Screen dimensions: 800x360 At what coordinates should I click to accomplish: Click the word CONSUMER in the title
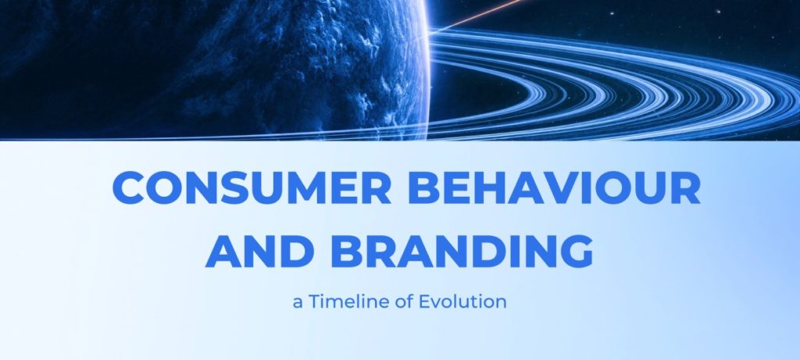click(252, 187)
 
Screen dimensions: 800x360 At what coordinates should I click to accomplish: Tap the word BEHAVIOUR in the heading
click(554, 187)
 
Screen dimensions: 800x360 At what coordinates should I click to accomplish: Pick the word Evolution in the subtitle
click(462, 302)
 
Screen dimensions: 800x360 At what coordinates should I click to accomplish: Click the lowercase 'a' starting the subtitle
click(298, 304)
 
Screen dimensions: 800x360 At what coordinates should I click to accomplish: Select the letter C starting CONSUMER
click(128, 187)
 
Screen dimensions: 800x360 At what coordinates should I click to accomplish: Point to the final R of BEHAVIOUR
click(686, 187)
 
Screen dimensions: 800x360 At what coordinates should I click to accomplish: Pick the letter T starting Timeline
click(313, 302)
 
